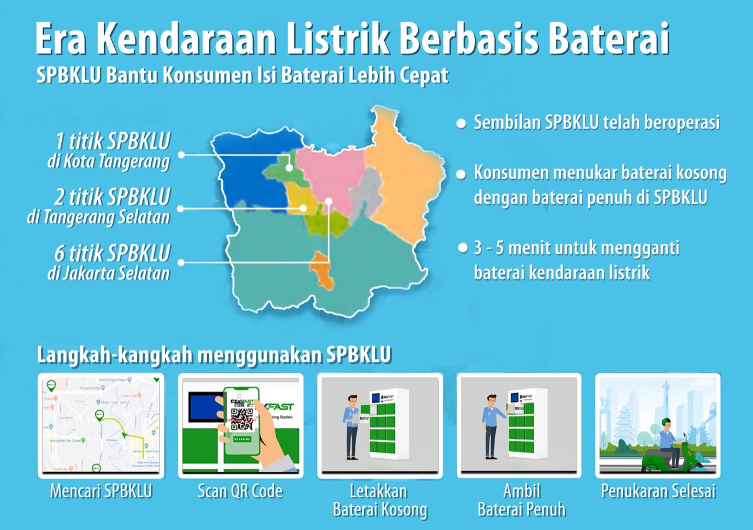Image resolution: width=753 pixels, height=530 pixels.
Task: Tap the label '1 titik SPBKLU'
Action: click(x=112, y=142)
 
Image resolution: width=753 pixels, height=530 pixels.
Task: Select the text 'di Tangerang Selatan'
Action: click(x=98, y=217)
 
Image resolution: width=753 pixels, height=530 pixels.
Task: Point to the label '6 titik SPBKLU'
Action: click(x=112, y=254)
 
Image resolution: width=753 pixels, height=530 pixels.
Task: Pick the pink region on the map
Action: click(x=329, y=170)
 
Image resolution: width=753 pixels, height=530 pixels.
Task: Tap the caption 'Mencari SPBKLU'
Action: click(x=101, y=491)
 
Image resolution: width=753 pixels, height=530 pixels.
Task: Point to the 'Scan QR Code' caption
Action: click(x=240, y=491)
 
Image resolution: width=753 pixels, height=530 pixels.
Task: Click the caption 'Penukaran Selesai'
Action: click(x=658, y=491)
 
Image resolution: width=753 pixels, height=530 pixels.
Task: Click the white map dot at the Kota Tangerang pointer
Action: click(x=290, y=167)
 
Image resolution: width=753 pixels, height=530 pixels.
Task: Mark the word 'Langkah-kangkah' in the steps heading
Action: click(x=114, y=355)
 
